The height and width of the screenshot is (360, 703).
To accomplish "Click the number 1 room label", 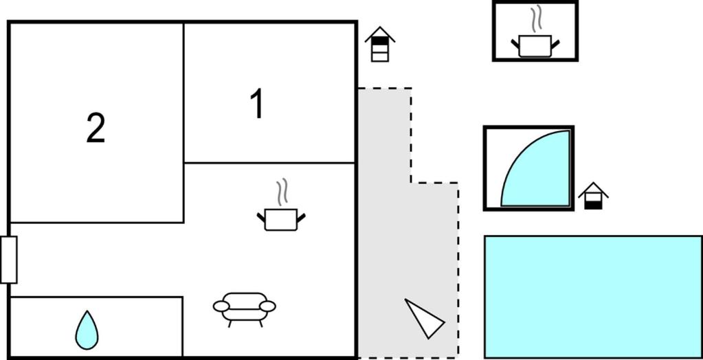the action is [x=257, y=104].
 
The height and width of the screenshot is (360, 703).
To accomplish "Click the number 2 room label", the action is [x=96, y=128].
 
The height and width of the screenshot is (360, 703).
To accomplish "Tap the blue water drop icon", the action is [x=87, y=330].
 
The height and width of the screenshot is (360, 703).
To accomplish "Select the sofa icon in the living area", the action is [x=245, y=309].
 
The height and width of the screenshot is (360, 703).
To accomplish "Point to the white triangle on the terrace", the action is [x=424, y=318].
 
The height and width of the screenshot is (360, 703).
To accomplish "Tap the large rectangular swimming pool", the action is [x=593, y=297].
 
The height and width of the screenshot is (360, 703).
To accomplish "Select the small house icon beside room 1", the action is [x=380, y=44].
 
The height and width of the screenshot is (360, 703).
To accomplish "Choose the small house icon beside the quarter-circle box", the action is [x=593, y=196].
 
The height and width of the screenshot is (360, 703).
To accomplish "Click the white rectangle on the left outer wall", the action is [x=8, y=260].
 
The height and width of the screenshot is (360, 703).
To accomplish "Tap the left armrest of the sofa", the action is [x=221, y=306].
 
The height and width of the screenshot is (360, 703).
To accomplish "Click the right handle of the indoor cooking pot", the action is [x=301, y=218].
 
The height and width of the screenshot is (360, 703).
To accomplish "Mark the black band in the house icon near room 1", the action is [x=380, y=41].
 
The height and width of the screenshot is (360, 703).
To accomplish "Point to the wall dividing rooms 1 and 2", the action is [x=183, y=122].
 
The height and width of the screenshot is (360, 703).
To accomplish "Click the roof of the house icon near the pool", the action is [x=593, y=188].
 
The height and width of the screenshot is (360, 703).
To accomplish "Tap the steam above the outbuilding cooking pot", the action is [x=535, y=19].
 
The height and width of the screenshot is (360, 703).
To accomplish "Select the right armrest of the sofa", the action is [x=267, y=306].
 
